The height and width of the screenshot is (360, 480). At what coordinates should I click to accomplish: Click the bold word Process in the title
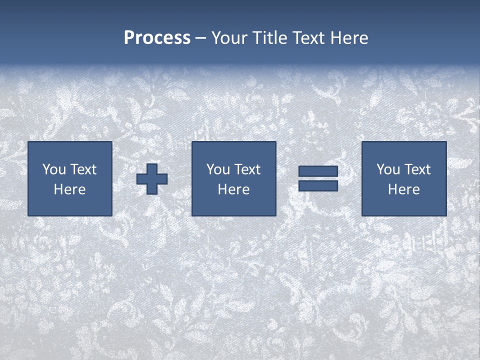[157, 38]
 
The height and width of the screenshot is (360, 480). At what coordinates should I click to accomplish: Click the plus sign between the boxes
[152, 178]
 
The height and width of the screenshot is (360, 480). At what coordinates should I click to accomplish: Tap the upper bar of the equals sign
[318, 171]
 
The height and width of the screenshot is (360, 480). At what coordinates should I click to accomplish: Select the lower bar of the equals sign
[318, 185]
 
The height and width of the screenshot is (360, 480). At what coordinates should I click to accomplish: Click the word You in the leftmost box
[54, 169]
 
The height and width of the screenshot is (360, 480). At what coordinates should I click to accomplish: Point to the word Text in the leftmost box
[83, 169]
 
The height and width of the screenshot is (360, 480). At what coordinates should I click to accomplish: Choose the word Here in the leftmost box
[69, 189]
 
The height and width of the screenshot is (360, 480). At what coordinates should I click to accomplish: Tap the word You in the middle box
[218, 169]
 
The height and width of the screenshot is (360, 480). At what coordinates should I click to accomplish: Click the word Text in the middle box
[247, 169]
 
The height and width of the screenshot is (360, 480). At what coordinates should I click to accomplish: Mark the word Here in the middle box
[233, 189]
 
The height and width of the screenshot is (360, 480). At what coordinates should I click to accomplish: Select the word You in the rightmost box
[388, 169]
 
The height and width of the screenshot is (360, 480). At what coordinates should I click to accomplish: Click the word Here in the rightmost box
[403, 189]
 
